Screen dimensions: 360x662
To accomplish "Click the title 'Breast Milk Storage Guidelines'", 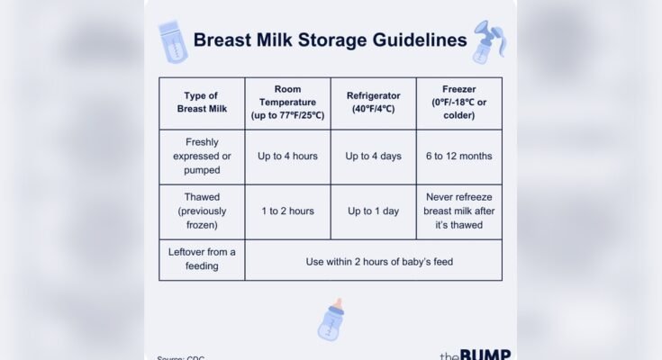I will click(331, 40).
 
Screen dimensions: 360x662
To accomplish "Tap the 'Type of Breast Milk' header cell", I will click(202, 103).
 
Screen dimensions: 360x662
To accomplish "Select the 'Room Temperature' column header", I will click(287, 103).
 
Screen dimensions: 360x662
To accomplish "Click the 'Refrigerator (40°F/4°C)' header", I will click(373, 103).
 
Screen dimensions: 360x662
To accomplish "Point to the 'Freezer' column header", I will click(458, 103).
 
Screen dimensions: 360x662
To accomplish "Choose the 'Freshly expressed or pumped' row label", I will click(202, 156).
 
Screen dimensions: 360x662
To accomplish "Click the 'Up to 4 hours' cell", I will click(287, 156).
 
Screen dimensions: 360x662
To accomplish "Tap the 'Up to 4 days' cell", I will click(373, 156).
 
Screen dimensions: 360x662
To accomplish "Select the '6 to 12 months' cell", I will click(458, 156).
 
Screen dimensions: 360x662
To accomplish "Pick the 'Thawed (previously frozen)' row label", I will click(202, 211).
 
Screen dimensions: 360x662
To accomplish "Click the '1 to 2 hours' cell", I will click(287, 211).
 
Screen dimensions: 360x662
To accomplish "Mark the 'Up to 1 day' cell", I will click(373, 211).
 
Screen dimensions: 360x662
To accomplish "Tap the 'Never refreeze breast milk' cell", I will click(458, 211).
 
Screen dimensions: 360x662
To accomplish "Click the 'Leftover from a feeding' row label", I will click(202, 259).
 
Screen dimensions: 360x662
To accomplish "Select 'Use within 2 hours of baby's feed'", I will click(373, 261).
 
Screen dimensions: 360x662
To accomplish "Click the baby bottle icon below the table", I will click(331, 319).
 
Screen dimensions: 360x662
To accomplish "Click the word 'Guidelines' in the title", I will click(420, 40).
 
